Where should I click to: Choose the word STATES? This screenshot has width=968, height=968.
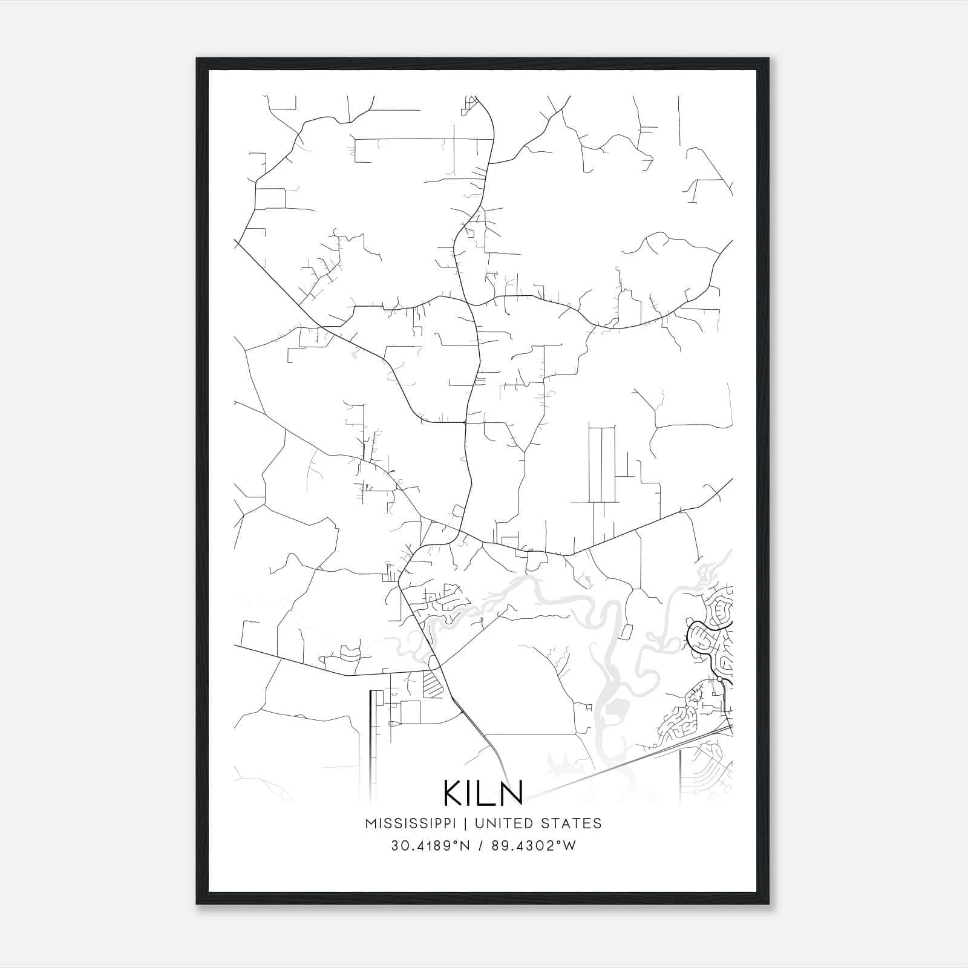(x=571, y=823)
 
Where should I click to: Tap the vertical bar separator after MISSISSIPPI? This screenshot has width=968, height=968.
(x=466, y=823)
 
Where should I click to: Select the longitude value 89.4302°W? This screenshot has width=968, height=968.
(x=535, y=846)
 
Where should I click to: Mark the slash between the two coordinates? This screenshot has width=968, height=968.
(x=482, y=846)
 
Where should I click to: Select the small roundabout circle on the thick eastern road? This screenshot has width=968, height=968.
(x=719, y=679)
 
